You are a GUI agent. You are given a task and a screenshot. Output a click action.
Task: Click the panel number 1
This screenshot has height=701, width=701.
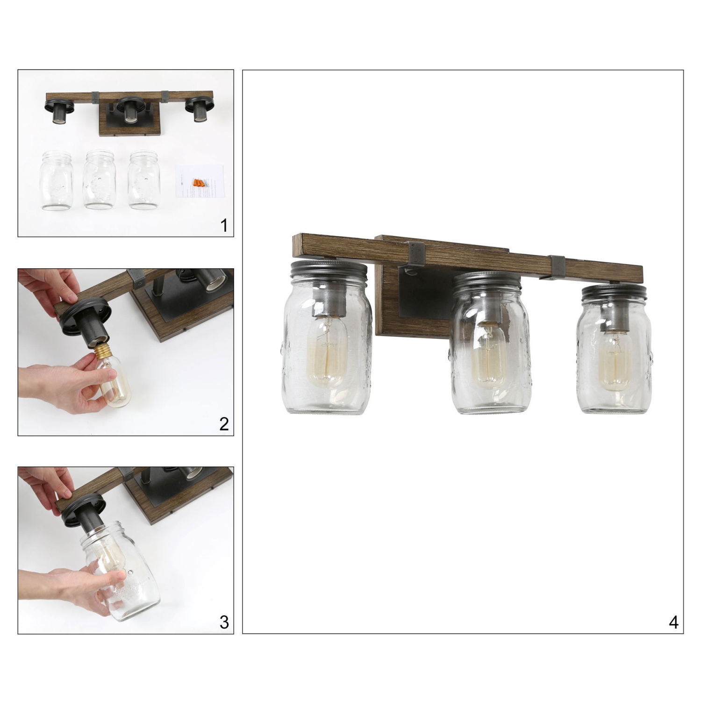pyautogui.click(x=224, y=226)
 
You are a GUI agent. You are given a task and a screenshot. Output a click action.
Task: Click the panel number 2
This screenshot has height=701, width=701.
pyautogui.click(x=224, y=424)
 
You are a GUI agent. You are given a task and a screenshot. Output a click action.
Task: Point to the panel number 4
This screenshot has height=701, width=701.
pyautogui.click(x=673, y=622)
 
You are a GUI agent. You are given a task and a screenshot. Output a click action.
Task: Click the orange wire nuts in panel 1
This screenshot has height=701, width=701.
pyautogui.click(x=199, y=182)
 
